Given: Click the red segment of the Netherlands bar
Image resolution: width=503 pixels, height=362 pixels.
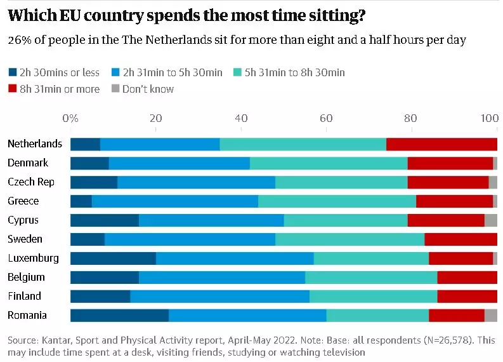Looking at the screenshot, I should [441, 144].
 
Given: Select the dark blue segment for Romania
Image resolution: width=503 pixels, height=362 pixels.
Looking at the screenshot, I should [119, 316].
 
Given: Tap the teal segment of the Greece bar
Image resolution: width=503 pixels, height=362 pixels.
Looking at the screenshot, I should [337, 201].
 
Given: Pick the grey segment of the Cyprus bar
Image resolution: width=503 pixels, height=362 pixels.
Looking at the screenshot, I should [490, 220].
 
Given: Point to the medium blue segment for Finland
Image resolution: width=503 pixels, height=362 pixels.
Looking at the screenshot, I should [219, 297].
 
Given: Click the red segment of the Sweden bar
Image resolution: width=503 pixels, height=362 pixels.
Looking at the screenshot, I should [461, 239].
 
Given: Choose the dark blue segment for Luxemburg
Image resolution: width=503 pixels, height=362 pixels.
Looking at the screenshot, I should [113, 258].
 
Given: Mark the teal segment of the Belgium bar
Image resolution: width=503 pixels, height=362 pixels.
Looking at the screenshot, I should [371, 278].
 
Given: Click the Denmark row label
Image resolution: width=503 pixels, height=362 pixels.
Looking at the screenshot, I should [28, 163].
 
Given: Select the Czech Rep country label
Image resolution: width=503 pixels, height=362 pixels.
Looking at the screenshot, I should [31, 182].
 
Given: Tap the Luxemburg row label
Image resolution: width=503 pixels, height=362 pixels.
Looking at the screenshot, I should [33, 258].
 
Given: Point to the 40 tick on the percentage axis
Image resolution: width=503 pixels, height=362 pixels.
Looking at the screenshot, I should [241, 118].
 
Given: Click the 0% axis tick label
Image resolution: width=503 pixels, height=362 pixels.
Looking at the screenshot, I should [70, 118].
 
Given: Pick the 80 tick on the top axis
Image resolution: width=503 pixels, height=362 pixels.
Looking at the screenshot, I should [411, 118].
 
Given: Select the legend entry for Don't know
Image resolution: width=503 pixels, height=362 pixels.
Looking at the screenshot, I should [143, 89].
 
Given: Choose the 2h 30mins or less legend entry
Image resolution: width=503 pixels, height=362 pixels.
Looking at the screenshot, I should [55, 72].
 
